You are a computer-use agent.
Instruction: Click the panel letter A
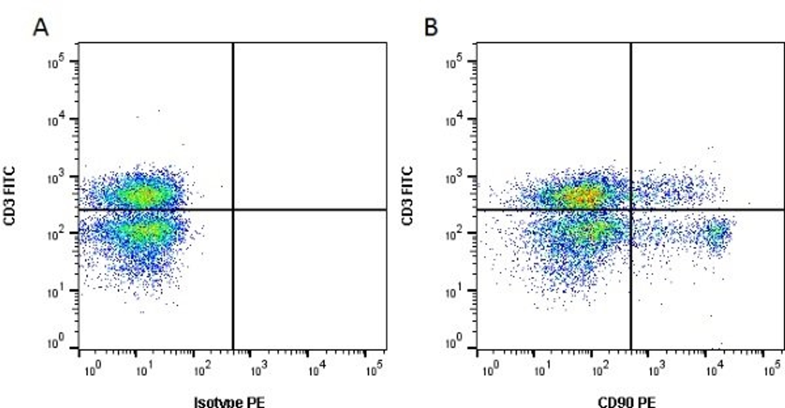pos(40,28)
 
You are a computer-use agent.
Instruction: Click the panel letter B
pos(431,28)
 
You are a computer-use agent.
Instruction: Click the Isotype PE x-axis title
pos(229,402)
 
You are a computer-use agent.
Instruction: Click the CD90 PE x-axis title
pos(627,402)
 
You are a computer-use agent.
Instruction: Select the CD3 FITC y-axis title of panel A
pos(9,196)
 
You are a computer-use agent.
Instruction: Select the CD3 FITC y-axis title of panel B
pos(407,196)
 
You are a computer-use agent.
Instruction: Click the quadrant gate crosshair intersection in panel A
pos(233,209)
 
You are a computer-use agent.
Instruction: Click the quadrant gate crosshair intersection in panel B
pos(631,209)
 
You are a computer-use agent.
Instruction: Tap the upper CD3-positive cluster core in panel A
pos(145,195)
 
